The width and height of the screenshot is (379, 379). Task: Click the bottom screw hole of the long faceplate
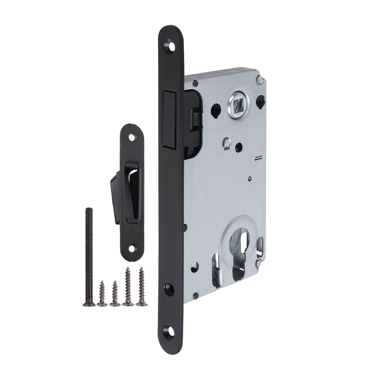(169, 331)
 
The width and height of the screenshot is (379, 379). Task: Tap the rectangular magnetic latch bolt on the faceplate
(169, 119)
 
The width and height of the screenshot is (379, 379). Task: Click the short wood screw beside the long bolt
(102, 293)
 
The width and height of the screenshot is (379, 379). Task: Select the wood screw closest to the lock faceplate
(142, 287)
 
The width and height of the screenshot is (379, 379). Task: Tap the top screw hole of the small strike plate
(132, 137)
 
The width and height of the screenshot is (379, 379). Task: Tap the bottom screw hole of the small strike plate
(132, 249)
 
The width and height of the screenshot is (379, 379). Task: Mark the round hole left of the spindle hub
(216, 110)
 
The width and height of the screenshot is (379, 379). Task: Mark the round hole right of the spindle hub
(260, 101)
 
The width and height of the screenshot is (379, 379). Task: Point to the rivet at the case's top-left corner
(196, 83)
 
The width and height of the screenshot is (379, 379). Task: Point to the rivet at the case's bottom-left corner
(196, 295)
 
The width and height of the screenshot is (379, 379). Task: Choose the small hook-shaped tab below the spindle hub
(226, 143)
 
